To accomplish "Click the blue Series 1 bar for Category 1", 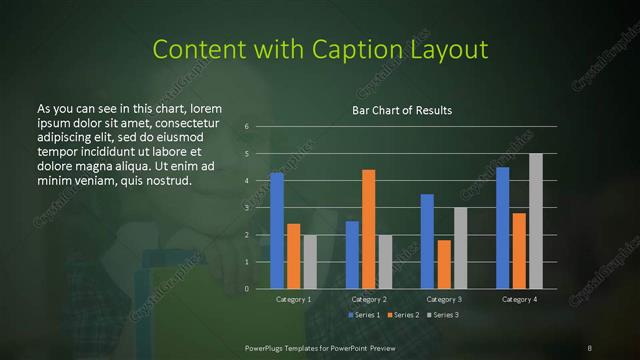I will [x=277, y=231].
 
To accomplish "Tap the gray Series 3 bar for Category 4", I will [x=536, y=221].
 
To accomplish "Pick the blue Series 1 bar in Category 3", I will [x=427, y=241].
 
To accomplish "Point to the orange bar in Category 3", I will [x=444, y=264].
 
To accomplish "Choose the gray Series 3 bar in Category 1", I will [x=310, y=262].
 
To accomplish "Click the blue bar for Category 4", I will [x=502, y=228].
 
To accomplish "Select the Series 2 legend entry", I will [x=403, y=315].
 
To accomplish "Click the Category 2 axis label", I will [x=368, y=299].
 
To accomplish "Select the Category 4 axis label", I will [x=519, y=299].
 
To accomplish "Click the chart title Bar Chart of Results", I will [x=402, y=110].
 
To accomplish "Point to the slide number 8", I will [x=590, y=347].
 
